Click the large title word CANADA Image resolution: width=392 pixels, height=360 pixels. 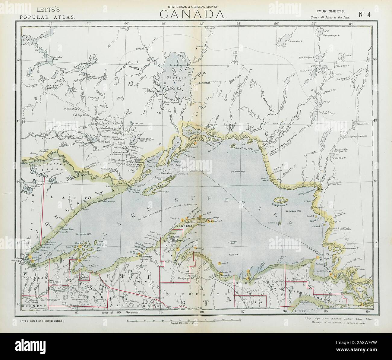pos(193,14)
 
